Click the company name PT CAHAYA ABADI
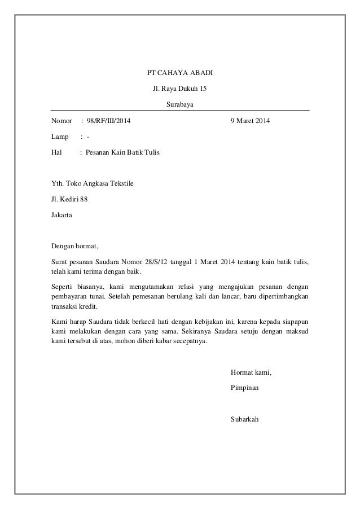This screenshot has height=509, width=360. [179, 73]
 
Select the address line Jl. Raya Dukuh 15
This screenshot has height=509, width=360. [179, 89]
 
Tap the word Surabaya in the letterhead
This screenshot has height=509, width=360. [179, 104]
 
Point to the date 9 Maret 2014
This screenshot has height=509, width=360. [251, 121]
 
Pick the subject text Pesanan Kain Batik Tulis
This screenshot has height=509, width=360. [122, 152]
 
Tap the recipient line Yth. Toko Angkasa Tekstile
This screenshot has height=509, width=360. [93, 183]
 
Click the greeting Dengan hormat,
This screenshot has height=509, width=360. [75, 246]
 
